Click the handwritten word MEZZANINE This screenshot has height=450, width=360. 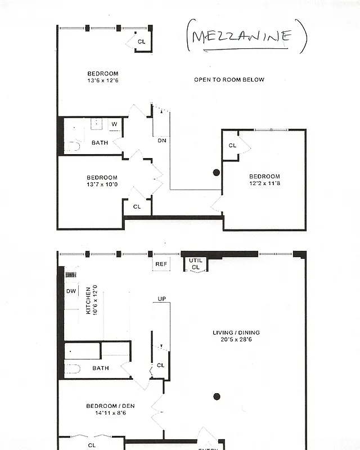point(241,37)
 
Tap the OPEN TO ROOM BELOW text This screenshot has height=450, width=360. point(229,80)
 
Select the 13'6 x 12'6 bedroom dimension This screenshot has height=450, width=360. point(102,80)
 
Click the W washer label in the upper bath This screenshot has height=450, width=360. point(114,124)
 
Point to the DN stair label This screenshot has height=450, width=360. point(161,141)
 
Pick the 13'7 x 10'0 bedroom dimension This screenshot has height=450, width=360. point(102,184)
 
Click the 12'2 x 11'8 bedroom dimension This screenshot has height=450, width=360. point(264,183)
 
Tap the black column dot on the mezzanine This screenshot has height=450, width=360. point(216,173)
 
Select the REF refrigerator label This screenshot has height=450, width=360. point(161,263)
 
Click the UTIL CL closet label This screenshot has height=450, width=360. point(195,264)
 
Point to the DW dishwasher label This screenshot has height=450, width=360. point(71,291)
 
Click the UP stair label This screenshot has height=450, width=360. point(161,299)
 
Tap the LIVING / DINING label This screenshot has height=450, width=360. point(236,332)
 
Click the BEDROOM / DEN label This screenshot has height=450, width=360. point(110,406)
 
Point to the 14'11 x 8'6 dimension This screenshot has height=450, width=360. point(110,413)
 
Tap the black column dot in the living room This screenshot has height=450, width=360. point(217,397)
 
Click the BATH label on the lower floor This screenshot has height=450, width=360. point(101,368)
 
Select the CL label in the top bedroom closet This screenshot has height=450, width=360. point(141,42)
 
